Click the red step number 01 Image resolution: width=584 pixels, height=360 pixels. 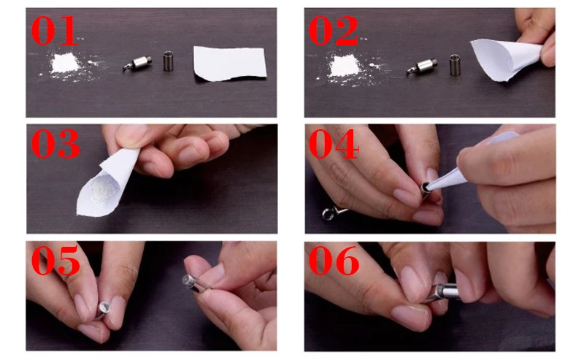coord(54,31)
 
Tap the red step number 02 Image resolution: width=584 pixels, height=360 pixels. coord(333,31)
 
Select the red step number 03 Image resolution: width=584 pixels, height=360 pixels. coord(55,144)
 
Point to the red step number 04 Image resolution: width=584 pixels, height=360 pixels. coord(334,144)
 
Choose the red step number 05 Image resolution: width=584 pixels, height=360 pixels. coord(55,260)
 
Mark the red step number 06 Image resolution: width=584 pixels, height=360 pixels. coord(334,260)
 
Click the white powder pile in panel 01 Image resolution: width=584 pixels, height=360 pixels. coord(65,64)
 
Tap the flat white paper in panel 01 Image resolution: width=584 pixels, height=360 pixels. coord(230,63)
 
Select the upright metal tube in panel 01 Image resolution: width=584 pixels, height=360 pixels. coord(169,61)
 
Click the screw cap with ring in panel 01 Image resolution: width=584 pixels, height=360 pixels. coord(138,63)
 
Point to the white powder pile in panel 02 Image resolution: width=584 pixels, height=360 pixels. coord(345,65)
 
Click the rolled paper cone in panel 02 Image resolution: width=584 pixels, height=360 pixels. coord(504,59)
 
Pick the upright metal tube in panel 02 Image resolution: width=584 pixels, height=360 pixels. coord(455,65)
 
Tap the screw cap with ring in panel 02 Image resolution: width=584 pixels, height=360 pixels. coord(422,66)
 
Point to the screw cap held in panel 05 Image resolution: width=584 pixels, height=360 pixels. coord(193,283)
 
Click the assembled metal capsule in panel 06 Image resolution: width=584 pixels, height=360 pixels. coord(443,292)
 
